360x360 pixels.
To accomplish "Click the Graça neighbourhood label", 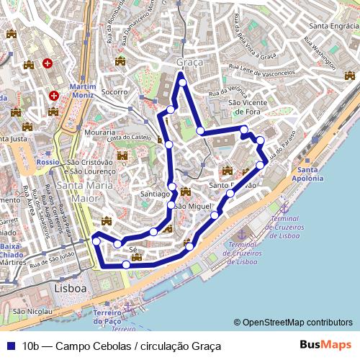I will [190, 63].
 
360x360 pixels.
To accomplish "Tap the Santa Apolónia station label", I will [310, 174].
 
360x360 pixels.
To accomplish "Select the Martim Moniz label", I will [84, 91].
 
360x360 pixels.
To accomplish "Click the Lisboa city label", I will [70, 288].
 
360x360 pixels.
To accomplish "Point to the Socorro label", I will [114, 92].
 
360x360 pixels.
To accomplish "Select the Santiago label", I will [155, 194].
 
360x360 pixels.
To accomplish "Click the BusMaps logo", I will [325, 345].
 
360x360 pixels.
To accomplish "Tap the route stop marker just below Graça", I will [182, 83].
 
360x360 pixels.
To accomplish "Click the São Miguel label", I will [195, 207].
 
